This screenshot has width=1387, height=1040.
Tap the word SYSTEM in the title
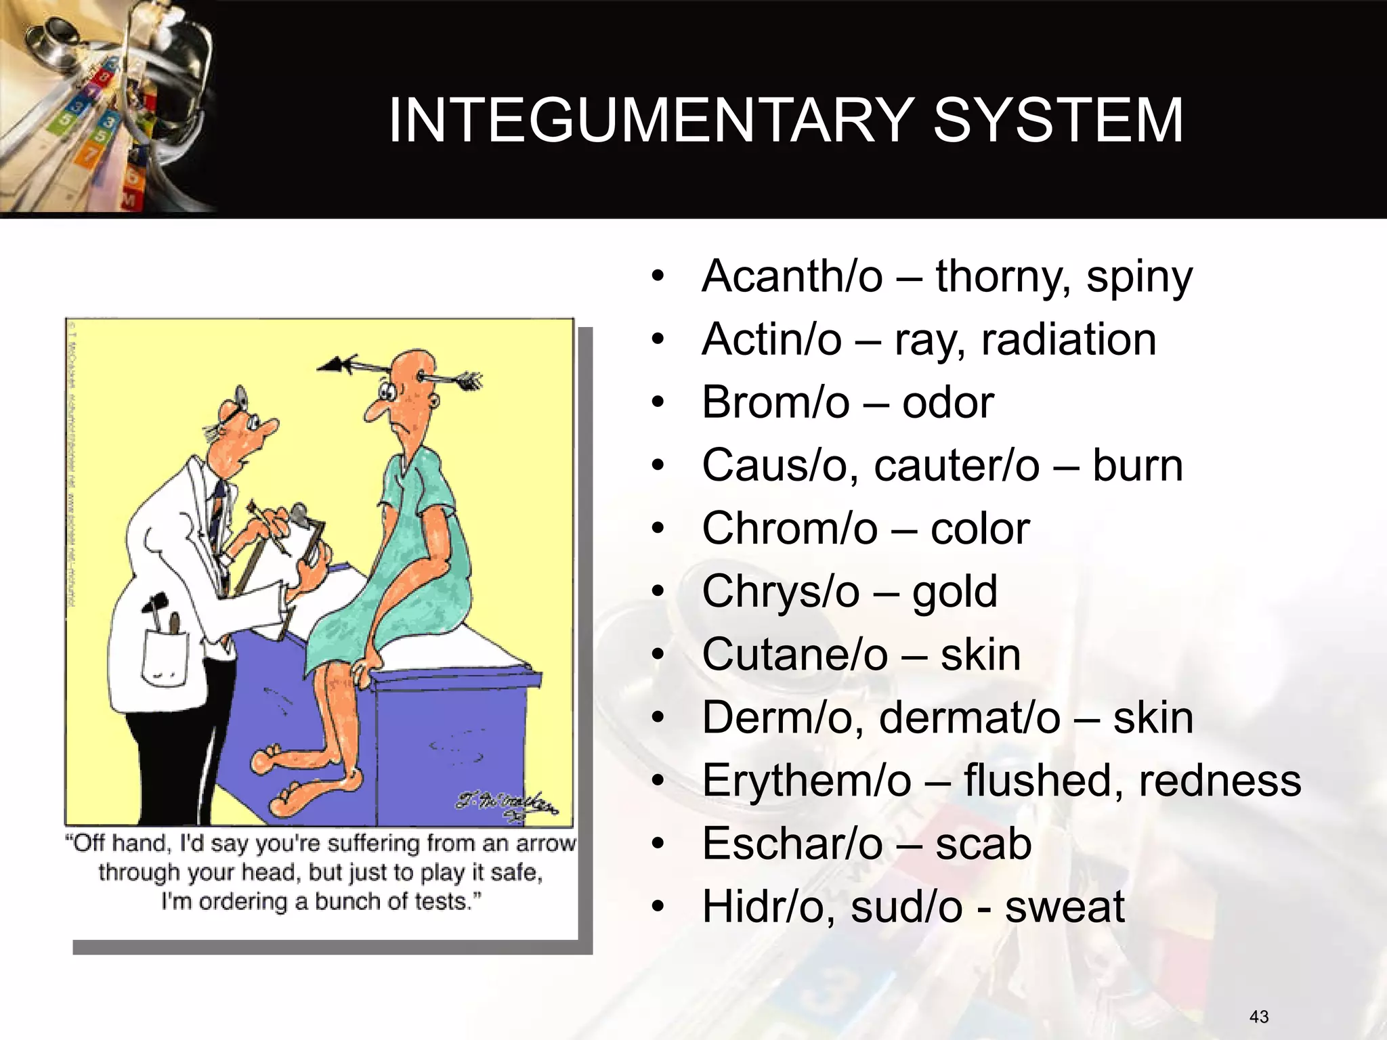pos(1058,121)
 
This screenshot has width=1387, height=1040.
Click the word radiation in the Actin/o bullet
pos(1068,339)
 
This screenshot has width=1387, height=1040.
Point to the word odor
pos(947,403)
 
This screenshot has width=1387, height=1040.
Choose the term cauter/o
pos(956,466)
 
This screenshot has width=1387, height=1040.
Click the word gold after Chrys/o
pos(954,592)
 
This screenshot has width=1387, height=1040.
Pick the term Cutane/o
pos(794,655)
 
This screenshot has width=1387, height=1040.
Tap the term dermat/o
pos(969,718)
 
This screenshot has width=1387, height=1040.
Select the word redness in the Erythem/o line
pos(1219,781)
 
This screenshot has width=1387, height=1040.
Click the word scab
pos(983,844)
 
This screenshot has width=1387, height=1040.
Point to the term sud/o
pos(906,907)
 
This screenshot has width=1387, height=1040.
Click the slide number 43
pos(1259,1016)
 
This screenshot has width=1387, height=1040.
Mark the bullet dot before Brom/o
pos(658,403)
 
